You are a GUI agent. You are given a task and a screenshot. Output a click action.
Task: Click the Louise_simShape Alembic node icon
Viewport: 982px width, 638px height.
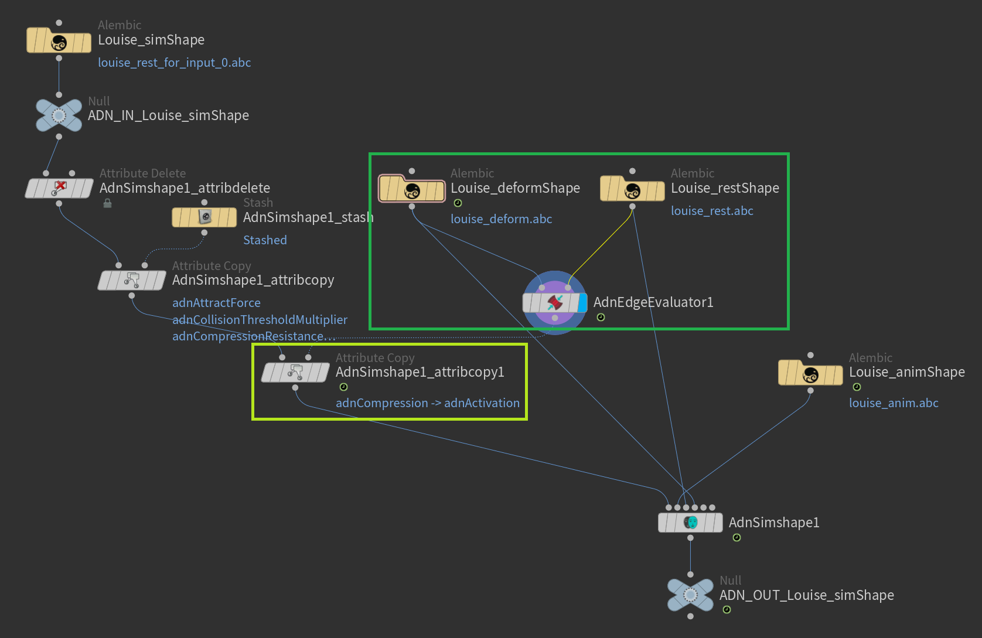59,41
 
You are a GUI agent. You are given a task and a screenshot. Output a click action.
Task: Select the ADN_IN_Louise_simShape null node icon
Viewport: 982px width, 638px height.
59,115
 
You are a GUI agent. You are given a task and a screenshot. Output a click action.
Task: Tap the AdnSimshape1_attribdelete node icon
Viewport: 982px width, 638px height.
59,188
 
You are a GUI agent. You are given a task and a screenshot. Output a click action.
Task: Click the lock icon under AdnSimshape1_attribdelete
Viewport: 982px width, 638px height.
107,203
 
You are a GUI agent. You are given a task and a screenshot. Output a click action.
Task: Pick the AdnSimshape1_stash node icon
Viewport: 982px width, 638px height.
204,217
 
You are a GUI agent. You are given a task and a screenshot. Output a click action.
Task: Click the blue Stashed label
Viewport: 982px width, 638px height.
265,240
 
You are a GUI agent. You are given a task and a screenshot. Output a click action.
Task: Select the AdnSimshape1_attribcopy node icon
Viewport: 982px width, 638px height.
132,280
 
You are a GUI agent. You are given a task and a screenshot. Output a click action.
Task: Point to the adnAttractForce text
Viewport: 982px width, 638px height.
216,303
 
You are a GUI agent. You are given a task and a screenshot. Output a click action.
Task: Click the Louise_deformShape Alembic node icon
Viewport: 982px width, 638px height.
412,189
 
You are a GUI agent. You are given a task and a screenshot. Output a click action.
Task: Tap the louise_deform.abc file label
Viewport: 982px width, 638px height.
501,219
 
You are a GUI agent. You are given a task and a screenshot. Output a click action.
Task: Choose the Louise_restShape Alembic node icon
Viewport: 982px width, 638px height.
632,189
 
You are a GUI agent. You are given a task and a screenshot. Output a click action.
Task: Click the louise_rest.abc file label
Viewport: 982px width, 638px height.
712,211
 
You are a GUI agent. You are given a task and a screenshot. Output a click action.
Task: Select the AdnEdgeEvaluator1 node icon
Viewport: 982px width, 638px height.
554,302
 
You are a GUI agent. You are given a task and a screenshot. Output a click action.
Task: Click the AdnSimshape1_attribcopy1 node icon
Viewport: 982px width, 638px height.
295,372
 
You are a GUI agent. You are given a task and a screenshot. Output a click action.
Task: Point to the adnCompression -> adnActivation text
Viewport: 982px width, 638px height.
427,403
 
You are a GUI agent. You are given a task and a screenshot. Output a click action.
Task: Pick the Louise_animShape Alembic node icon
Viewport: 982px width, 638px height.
810,373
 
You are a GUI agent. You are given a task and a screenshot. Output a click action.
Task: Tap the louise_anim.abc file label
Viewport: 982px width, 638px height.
894,403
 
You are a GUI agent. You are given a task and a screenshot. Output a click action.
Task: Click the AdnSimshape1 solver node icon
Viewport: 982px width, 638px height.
690,522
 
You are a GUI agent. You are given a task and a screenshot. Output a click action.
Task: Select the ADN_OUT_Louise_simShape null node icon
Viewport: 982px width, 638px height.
690,595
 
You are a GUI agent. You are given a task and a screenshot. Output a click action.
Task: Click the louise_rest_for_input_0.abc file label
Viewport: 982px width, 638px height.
174,63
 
